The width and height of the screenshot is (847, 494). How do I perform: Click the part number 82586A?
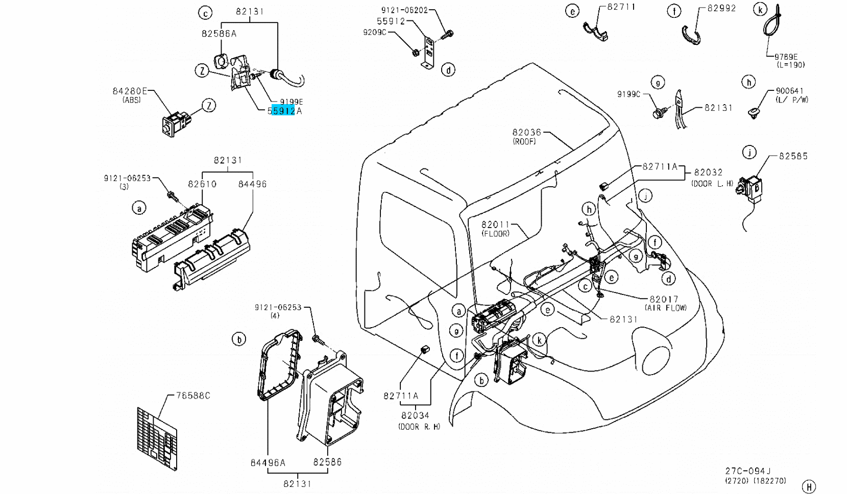[x=219, y=34]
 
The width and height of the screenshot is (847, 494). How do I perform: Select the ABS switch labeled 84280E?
[x=175, y=123]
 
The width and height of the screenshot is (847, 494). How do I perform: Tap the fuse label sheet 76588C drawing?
[x=157, y=438]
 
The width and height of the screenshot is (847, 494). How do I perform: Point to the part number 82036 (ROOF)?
[x=526, y=133]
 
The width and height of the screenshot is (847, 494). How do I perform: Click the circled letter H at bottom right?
[x=808, y=486]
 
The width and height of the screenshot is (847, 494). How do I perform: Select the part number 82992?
[x=721, y=8]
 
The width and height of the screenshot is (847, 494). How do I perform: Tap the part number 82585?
[x=793, y=156]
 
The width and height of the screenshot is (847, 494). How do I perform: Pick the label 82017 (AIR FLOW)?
[x=663, y=300]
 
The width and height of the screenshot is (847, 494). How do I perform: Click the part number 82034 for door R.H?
[x=415, y=415]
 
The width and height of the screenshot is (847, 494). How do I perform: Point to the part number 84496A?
[x=268, y=463]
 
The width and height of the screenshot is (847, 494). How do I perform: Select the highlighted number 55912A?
[x=284, y=111]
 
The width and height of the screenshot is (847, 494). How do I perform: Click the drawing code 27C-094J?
[x=747, y=472]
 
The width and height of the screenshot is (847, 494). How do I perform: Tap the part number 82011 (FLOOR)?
[x=495, y=225]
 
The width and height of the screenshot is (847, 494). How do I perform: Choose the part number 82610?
[x=202, y=184]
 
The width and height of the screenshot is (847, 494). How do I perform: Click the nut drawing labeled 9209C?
[x=415, y=52]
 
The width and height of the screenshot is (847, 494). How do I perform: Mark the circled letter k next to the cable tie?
[x=760, y=10]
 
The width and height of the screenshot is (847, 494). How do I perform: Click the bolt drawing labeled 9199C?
[x=659, y=113]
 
